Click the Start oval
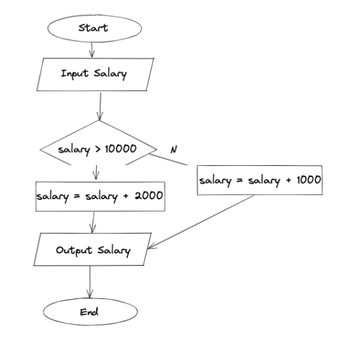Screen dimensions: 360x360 point(94,28)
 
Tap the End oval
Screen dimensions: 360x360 point(90,311)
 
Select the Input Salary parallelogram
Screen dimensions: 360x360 point(95,75)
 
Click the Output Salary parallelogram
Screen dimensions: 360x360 point(92,249)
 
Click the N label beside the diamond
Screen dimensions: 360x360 point(174,150)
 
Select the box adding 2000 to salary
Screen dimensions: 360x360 point(100,197)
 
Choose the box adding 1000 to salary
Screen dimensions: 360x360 point(260,180)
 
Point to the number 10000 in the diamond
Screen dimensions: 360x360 point(121,149)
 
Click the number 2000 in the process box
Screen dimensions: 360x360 point(149,196)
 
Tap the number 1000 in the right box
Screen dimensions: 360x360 point(309,179)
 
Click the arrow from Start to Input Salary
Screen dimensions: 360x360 point(92,50)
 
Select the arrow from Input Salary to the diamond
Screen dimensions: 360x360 point(100,106)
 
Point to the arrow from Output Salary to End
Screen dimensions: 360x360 point(90,282)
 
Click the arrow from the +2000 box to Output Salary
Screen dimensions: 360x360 point(93,223)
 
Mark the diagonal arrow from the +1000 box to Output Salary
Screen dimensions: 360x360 point(201,222)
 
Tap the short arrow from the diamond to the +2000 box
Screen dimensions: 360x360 point(96,173)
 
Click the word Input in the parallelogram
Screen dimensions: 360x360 point(75,73)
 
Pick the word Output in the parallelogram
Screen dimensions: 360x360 point(74,250)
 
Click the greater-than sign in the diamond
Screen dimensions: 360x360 point(98,149)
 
